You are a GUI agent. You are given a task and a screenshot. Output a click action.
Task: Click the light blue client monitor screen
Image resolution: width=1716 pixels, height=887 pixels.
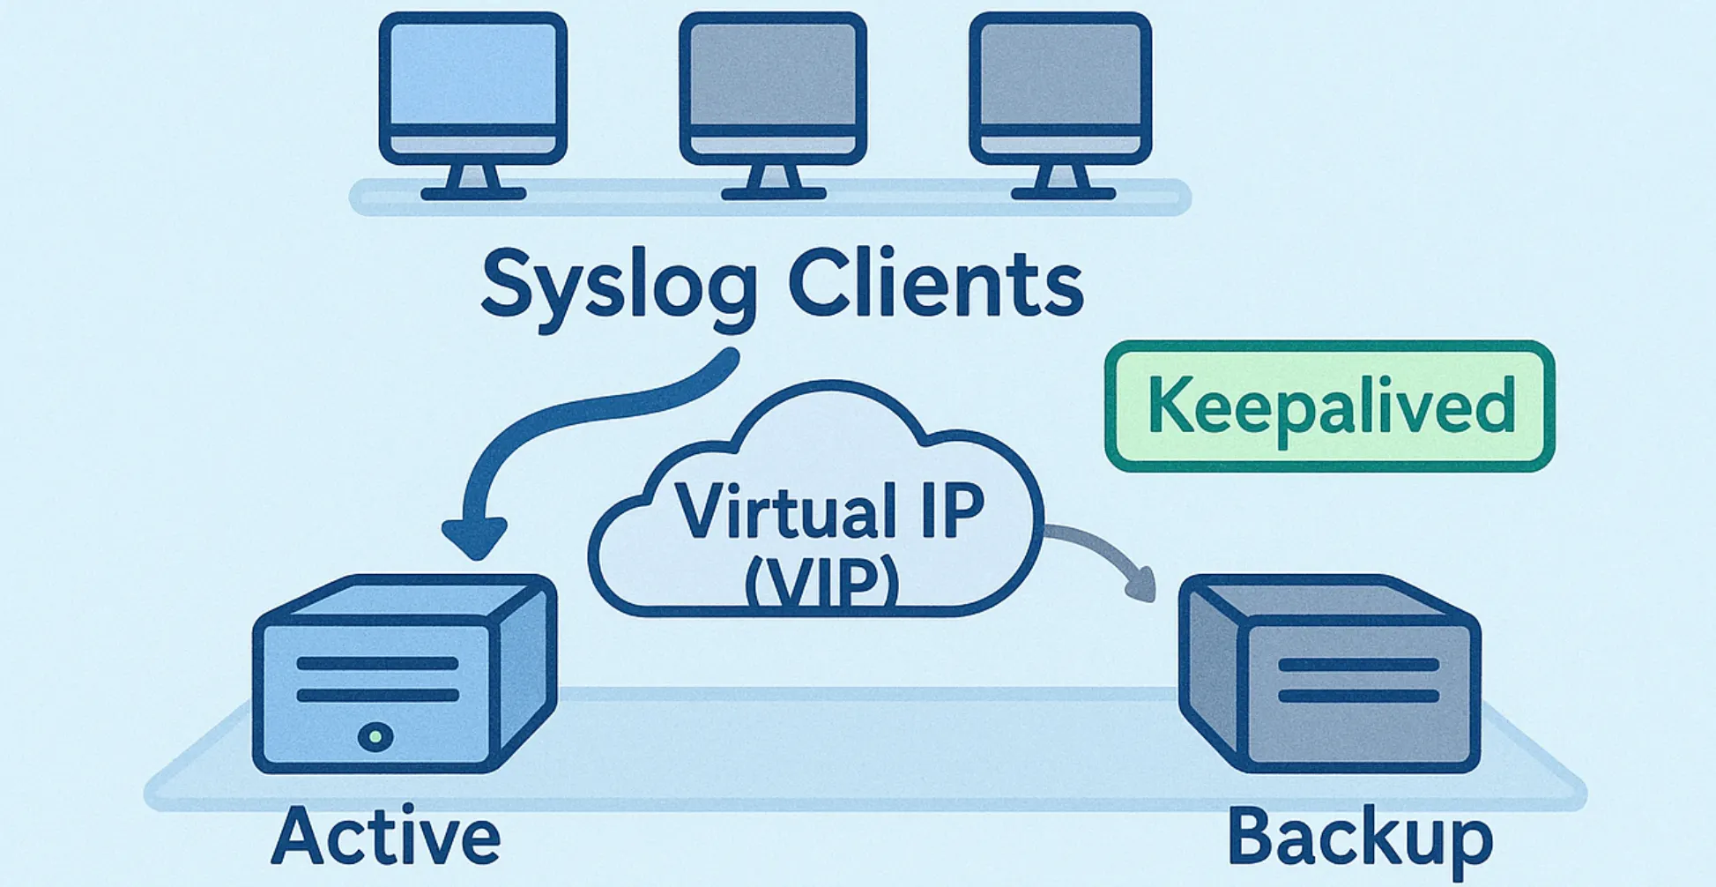click(473, 75)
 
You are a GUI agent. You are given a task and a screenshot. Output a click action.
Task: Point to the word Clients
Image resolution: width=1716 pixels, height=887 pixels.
click(934, 284)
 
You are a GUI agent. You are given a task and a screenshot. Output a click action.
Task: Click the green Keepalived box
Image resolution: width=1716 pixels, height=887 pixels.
click(1329, 406)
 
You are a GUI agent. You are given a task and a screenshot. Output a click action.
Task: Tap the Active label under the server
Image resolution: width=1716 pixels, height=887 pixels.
click(385, 836)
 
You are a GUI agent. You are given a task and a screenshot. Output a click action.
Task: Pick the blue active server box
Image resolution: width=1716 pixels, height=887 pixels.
click(404, 675)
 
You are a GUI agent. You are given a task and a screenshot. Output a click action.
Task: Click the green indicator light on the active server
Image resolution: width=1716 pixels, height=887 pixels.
click(375, 735)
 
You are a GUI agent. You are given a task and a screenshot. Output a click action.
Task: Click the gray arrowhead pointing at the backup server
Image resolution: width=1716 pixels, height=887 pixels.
click(1143, 586)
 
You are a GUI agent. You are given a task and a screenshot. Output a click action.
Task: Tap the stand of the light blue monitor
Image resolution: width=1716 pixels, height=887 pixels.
click(473, 181)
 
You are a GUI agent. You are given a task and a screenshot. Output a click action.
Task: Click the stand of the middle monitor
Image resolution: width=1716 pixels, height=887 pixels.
click(773, 181)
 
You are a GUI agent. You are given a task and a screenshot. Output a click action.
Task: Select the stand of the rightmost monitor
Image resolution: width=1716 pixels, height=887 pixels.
click(1062, 181)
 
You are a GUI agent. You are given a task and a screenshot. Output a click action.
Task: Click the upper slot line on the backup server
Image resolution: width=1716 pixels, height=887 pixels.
click(1357, 666)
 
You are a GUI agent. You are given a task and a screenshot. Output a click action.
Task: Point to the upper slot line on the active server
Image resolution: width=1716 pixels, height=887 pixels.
click(377, 664)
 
